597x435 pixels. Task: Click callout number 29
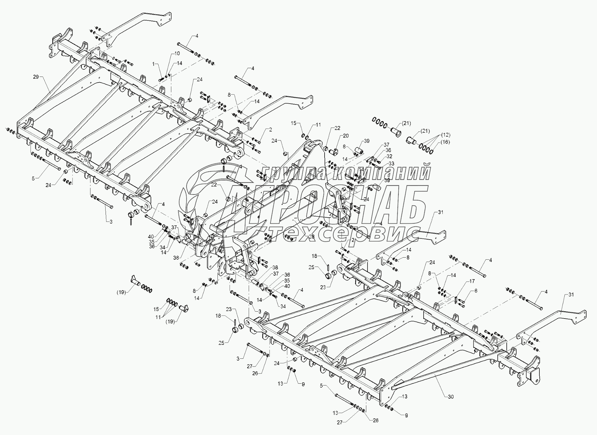(36, 77)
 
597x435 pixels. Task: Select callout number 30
(451, 397)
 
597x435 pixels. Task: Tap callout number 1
(154, 64)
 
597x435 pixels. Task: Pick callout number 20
(346, 136)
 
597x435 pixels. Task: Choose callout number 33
(391, 164)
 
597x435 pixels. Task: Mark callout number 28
(312, 237)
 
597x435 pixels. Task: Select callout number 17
(472, 281)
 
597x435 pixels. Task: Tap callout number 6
(475, 291)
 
